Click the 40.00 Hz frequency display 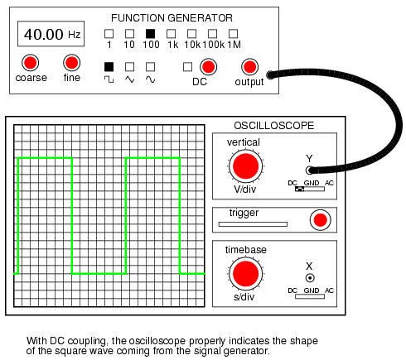51,34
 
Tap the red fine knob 71,62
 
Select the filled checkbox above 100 150,34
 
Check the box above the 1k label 171,34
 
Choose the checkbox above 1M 233,34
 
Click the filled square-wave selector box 109,67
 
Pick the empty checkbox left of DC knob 187,67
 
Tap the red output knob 249,67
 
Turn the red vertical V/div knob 245,166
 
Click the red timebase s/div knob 245,274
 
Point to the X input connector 310,278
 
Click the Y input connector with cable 310,170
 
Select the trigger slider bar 253,224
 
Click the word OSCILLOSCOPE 273,126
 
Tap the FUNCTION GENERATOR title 172,18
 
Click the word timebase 246,250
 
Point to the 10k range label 192,45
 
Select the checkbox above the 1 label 109,34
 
